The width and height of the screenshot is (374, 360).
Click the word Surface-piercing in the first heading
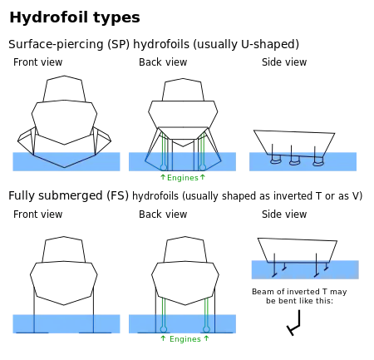point(56,44)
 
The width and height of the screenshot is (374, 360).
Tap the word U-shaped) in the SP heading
point(270,44)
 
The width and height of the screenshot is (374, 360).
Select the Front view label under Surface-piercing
point(37,62)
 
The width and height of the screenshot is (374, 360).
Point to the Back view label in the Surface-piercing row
point(163,62)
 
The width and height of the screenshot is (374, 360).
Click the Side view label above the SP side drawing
point(284,62)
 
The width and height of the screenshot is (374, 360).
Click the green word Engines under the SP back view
point(183,178)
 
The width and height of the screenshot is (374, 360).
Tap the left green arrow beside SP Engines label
point(163,177)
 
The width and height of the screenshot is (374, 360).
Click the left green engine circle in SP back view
point(164,167)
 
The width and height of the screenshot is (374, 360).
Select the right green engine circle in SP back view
point(203,167)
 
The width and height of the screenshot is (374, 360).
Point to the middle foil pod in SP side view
point(294,160)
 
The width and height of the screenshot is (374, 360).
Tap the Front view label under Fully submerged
point(37,215)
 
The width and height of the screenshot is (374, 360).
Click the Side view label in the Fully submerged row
point(284,215)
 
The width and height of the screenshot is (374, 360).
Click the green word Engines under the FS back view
point(185,339)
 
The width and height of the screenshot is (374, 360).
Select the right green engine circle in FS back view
point(206,329)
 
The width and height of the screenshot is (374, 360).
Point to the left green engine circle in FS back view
point(164,329)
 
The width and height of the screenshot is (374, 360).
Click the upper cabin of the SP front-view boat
point(64,88)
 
